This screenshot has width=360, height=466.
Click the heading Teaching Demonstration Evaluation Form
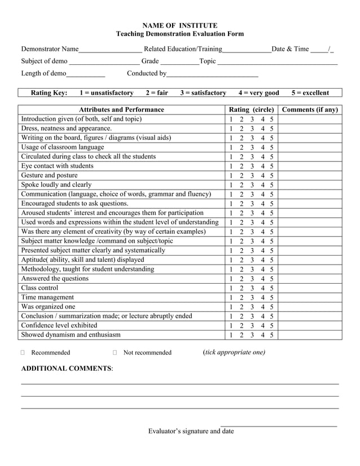(179, 34)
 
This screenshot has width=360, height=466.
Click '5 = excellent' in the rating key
(310, 93)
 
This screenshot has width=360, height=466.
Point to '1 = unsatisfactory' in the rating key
(107, 93)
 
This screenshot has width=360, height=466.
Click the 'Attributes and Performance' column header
(121, 109)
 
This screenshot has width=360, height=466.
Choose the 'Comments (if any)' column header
(310, 109)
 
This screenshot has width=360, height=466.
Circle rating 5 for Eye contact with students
(271, 166)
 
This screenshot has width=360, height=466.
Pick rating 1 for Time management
(230, 298)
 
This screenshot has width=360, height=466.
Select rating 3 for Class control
(252, 288)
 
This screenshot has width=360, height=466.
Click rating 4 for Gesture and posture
(262, 176)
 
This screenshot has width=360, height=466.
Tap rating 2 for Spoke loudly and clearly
(241, 185)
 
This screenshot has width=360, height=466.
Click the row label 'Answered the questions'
(55, 279)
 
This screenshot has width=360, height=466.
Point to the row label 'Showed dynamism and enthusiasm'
(71, 335)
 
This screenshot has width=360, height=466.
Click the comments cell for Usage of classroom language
(310, 147)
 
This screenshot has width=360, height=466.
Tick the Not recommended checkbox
(115, 353)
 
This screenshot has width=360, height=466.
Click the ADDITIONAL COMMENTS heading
(67, 368)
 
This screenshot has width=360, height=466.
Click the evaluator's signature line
(279, 424)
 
